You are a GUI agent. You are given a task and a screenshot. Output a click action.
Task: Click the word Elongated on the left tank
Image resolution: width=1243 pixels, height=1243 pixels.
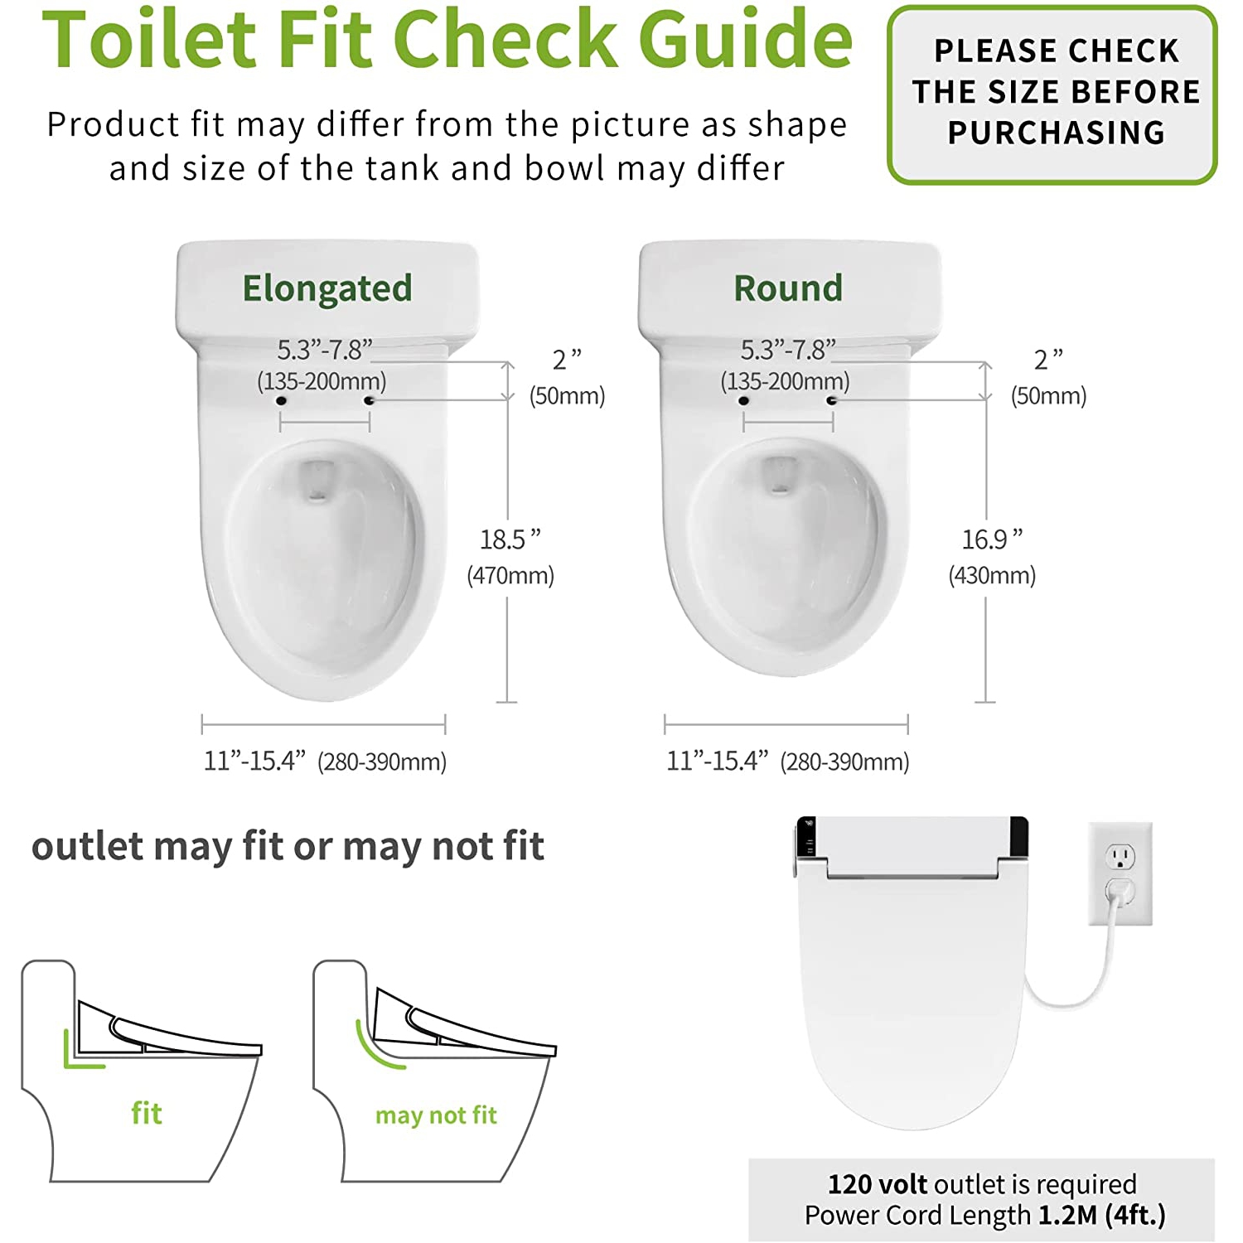[x=326, y=288]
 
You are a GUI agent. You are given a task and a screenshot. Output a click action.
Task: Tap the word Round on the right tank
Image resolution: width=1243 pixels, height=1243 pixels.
[x=788, y=288]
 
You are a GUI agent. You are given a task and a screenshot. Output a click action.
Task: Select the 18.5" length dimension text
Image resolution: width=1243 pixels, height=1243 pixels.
[x=510, y=539]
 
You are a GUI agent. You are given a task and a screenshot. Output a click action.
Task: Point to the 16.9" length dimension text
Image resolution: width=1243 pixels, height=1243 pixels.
[x=992, y=539]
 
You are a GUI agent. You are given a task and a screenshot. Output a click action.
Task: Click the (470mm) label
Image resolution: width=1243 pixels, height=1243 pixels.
[x=510, y=575]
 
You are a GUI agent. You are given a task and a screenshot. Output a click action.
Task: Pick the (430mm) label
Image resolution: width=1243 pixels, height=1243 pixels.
[x=992, y=575]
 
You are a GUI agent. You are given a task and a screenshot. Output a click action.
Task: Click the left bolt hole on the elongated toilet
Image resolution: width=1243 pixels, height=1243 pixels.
[x=281, y=401]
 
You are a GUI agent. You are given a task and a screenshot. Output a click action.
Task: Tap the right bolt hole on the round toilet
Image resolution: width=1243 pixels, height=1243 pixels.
[x=832, y=401]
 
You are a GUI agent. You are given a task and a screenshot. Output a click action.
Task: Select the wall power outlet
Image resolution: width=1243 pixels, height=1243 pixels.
[x=1120, y=873]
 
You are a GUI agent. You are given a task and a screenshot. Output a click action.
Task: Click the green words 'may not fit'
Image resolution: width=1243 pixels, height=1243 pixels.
[x=436, y=1115]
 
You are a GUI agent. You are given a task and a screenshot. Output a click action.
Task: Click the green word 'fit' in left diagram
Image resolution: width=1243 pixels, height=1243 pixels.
[x=147, y=1113]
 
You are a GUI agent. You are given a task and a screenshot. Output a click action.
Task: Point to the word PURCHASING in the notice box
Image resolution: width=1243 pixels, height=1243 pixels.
[x=1056, y=133]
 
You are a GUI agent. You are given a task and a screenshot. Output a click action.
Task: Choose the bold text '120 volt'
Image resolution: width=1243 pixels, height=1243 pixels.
[x=878, y=1183]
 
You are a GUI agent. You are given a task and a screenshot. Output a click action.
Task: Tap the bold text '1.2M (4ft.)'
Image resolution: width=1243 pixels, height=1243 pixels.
[x=1101, y=1215]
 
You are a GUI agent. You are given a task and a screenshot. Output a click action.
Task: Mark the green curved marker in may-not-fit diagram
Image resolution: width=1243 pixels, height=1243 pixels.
[x=373, y=1051]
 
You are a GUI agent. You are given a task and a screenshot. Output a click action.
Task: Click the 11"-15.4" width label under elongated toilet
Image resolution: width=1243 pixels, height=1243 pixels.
[x=255, y=761]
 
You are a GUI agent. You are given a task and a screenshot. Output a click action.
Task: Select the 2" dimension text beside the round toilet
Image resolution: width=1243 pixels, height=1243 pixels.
[x=1048, y=360]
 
